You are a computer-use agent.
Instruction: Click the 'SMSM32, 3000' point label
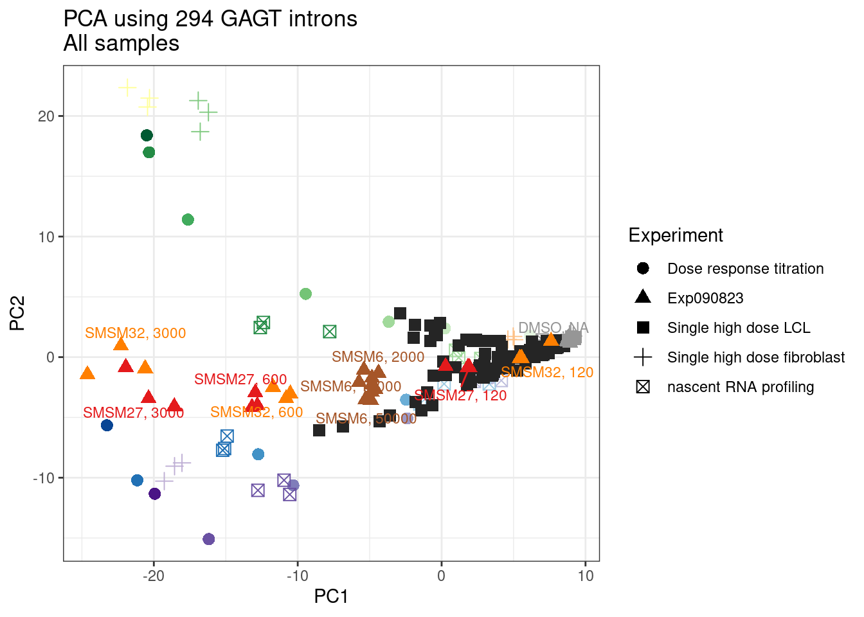tap(135, 333)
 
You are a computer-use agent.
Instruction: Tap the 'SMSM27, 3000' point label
tap(133, 413)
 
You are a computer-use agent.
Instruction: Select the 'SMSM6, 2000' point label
tap(378, 357)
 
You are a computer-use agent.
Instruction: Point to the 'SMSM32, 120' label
tap(547, 372)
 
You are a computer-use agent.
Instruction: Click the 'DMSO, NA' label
tap(553, 328)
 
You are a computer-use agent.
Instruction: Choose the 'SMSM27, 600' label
tap(240, 379)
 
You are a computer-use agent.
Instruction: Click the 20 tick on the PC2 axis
tap(46, 116)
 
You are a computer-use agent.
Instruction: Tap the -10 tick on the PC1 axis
tap(298, 576)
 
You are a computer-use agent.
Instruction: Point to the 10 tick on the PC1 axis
tap(585, 576)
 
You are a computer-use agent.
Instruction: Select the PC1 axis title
tap(331, 597)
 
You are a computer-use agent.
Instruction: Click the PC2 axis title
tap(17, 313)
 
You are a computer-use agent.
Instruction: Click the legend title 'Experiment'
tap(675, 235)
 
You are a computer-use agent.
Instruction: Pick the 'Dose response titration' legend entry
tap(745, 269)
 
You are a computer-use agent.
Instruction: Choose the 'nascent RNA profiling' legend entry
tap(740, 387)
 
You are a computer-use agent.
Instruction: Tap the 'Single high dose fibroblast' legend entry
tap(755, 357)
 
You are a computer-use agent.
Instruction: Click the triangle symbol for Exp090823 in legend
tap(643, 297)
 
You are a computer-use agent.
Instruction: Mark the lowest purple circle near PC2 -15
tap(208, 539)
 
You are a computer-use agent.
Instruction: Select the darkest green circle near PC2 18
tap(147, 135)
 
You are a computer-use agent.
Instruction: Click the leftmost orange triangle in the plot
tap(87, 373)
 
